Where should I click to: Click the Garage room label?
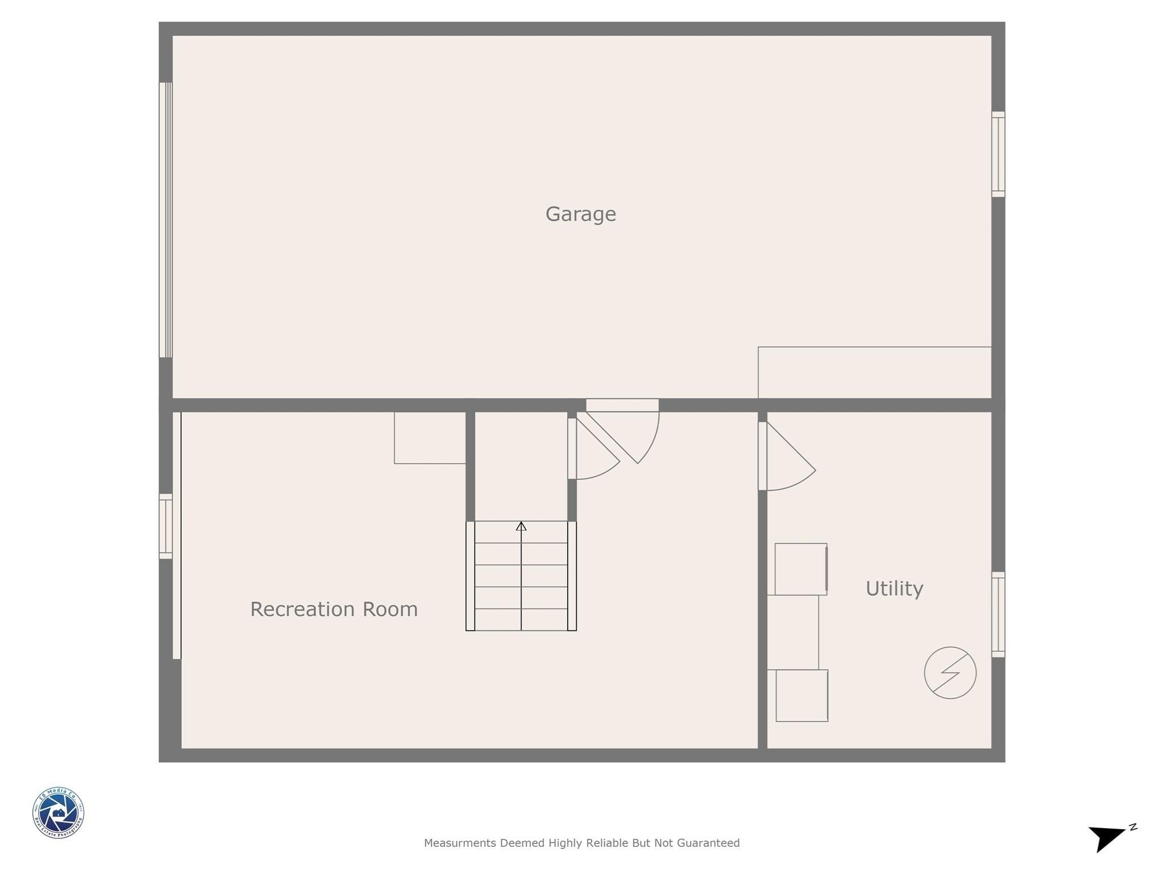(580, 214)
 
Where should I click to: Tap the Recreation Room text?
(334, 609)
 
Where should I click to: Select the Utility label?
(893, 588)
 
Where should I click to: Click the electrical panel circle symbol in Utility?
(950, 672)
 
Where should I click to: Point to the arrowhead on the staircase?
(521, 526)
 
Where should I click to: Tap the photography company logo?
(59, 812)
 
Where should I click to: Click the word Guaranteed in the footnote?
(708, 843)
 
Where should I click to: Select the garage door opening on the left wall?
(165, 220)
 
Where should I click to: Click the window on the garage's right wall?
(998, 154)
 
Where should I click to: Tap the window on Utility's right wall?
(998, 614)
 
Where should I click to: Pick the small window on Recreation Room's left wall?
(165, 526)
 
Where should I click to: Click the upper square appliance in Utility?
(800, 569)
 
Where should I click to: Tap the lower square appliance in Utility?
(801, 696)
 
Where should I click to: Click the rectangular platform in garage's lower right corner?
(874, 372)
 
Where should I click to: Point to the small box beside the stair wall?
(430, 438)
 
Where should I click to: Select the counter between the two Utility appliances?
(793, 632)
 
